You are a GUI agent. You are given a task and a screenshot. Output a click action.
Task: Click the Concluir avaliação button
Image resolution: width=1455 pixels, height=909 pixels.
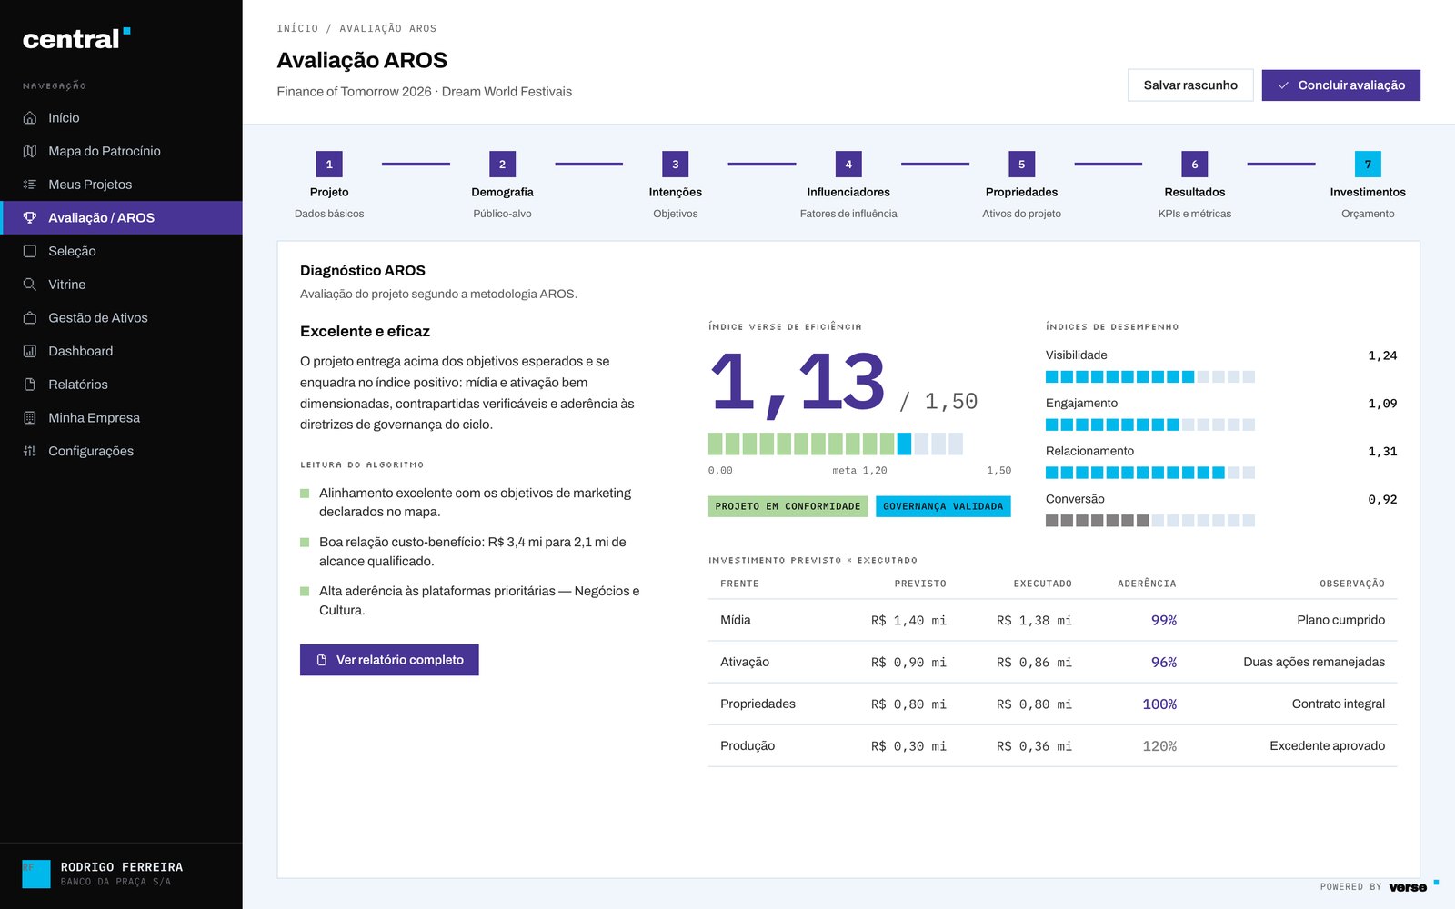coord(1340,85)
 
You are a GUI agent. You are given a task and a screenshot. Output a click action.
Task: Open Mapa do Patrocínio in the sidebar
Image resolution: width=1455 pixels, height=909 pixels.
coord(104,151)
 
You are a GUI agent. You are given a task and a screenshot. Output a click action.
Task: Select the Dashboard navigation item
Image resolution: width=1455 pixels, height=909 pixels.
coord(81,351)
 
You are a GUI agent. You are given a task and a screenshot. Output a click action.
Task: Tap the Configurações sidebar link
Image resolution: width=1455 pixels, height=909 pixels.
coord(91,451)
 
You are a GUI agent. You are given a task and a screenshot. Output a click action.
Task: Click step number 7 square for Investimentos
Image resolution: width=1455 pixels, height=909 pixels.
coord(1368,165)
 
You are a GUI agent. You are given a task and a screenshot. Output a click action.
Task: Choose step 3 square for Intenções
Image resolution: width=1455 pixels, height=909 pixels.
coord(675,165)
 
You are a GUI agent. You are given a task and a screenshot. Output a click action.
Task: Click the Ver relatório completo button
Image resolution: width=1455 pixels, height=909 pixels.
coord(389,660)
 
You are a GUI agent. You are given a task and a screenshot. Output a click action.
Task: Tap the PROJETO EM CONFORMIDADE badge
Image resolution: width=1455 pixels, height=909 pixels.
coord(788,506)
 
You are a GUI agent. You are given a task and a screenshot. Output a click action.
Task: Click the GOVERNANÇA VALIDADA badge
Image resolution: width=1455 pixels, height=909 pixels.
coord(942,506)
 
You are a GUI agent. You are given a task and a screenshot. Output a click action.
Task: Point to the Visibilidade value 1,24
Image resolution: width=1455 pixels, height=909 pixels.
coord(1382,355)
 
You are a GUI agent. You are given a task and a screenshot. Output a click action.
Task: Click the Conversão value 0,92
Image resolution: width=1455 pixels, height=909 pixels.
coord(1382,499)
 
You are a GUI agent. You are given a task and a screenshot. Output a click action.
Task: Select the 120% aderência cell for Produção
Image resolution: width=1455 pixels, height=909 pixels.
coord(1159,746)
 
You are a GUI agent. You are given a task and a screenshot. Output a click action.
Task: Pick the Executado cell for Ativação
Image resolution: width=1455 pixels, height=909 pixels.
coord(1034,663)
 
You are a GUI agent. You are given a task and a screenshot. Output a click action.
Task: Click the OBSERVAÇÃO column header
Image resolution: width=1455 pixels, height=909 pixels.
coord(1351,584)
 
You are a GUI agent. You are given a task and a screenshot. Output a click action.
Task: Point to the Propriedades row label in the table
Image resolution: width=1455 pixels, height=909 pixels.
coord(758,704)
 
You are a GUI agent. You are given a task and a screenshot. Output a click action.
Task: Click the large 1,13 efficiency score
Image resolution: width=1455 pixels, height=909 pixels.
coord(798,383)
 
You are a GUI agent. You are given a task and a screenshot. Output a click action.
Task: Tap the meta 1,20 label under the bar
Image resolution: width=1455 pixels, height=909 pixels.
coord(859,470)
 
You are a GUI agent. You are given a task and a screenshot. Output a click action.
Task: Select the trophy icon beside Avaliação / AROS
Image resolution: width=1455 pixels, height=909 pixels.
coord(30,217)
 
